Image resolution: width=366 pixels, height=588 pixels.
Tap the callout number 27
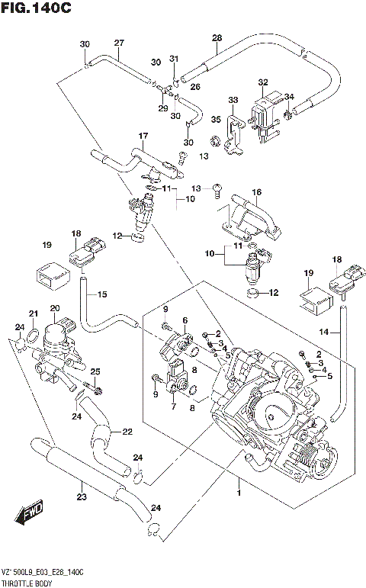118,43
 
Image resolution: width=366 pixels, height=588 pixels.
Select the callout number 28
217,38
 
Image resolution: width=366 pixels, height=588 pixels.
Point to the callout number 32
263,82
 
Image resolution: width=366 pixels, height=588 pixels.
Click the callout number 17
142,137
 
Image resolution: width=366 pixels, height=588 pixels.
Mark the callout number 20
54,308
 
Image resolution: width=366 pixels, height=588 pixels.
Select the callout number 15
103,294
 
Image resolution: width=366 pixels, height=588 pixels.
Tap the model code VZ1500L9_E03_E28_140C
43,571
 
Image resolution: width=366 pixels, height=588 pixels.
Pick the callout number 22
127,432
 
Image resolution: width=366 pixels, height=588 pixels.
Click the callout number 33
233,100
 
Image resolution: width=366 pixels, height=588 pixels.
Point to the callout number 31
174,59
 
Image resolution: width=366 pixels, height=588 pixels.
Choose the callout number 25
95,371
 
